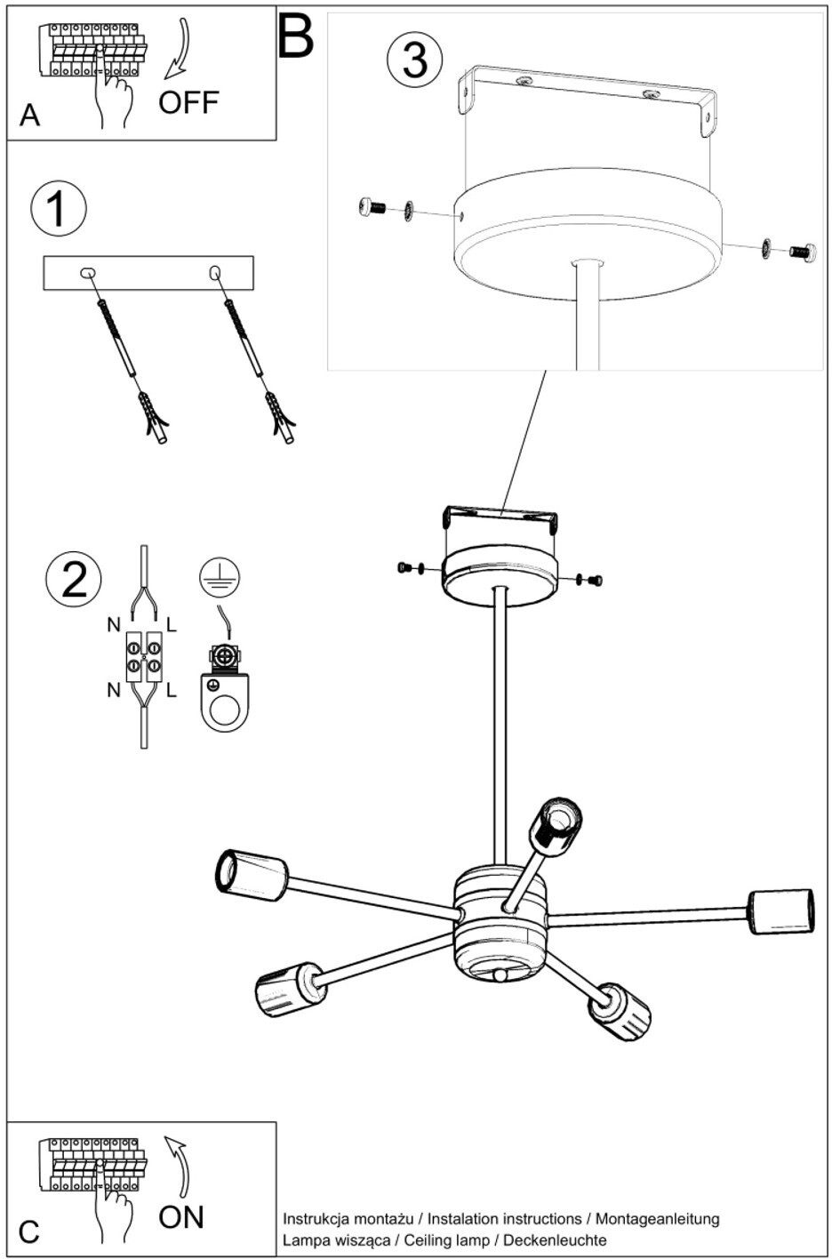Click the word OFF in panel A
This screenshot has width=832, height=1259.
[188, 102]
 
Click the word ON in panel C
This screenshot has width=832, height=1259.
[181, 1216]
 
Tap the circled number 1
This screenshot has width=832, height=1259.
[59, 208]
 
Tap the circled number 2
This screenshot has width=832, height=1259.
[74, 578]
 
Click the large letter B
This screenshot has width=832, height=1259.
[296, 37]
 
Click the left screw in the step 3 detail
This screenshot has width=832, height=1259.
[371, 208]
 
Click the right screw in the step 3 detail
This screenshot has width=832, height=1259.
[803, 253]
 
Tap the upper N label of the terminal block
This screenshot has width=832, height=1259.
[114, 625]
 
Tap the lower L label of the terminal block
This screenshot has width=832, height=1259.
[172, 690]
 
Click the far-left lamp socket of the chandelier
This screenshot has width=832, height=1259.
[252, 874]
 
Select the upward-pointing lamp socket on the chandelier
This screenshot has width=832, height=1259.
[556, 824]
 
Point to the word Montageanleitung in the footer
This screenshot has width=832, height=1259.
[658, 1219]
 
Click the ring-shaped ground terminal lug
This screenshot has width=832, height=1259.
[224, 702]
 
